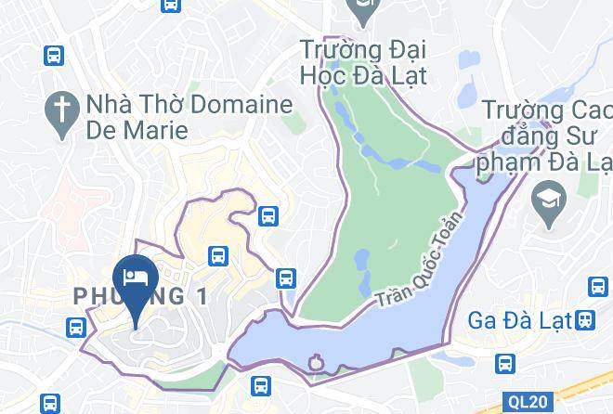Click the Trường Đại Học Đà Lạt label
coord(363,59)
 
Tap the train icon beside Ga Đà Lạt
coord(584,318)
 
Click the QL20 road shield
coord(528,402)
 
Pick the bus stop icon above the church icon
coord(54,56)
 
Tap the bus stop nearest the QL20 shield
coord(506,363)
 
